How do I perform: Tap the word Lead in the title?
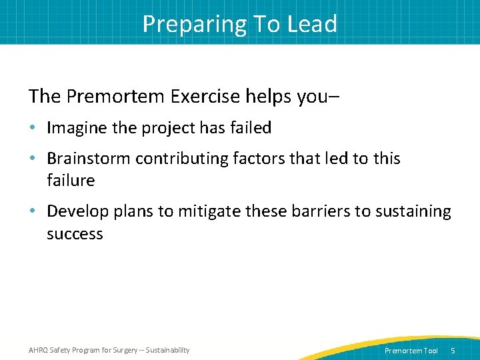(x=312, y=24)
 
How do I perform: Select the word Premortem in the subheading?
(x=117, y=96)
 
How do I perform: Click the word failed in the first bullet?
(x=249, y=127)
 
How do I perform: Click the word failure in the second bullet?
(x=71, y=181)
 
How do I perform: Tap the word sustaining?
(x=413, y=211)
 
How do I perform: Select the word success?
(x=75, y=234)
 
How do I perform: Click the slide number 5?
(x=453, y=351)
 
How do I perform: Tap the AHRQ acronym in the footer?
(x=39, y=350)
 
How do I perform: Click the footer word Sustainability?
(x=167, y=350)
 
